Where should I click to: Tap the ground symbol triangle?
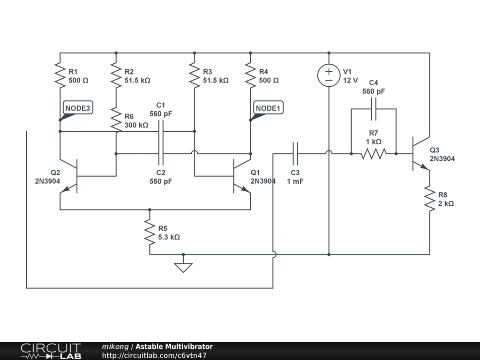(183, 268)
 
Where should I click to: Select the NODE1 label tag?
(268, 108)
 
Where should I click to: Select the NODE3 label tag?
(78, 108)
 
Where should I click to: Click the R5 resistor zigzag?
(150, 232)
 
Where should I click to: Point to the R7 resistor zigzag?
(374, 154)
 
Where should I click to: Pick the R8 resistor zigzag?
(429, 199)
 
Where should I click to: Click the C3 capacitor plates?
(295, 154)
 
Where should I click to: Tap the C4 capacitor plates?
(374, 109)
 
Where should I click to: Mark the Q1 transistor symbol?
(241, 176)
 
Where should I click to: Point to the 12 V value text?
(350, 81)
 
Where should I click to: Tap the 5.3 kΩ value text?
(169, 237)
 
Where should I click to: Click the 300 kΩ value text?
(136, 125)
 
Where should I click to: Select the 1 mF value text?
(295, 181)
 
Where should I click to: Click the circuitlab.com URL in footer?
(154, 355)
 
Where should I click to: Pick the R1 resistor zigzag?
(60, 75)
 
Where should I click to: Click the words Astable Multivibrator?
(174, 346)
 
